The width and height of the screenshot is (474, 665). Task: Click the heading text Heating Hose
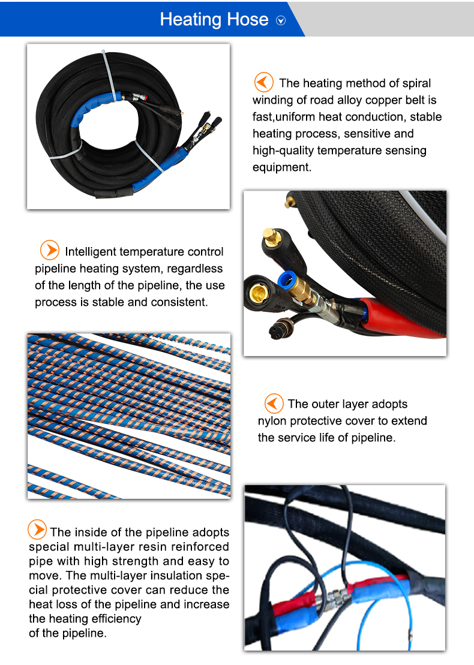click(x=214, y=20)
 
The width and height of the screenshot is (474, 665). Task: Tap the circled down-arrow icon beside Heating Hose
click(x=281, y=20)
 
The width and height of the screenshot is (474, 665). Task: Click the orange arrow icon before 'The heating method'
click(x=263, y=82)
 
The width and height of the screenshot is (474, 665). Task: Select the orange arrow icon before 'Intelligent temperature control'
click(x=50, y=250)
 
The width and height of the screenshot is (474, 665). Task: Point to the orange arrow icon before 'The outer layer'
click(x=274, y=403)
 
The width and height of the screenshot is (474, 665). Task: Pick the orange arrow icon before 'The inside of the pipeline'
click(x=37, y=529)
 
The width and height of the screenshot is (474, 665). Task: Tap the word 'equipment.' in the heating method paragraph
click(x=282, y=167)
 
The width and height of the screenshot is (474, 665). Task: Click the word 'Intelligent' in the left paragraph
click(x=91, y=251)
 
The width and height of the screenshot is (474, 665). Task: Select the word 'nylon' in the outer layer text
click(x=272, y=421)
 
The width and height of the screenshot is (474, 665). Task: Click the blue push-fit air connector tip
click(x=286, y=279)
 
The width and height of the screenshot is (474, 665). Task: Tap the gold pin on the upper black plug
click(x=271, y=236)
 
